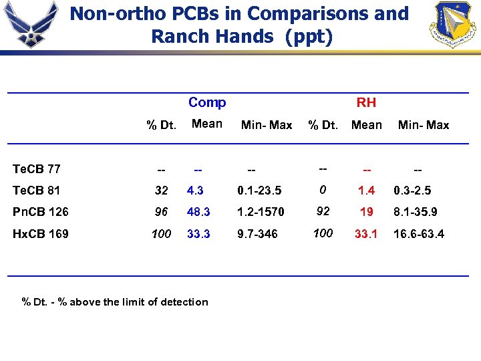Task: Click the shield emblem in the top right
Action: [454, 24]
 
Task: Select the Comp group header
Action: [207, 102]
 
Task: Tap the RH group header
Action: [366, 102]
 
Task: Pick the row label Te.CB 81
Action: [37, 191]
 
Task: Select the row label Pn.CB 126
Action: [40, 212]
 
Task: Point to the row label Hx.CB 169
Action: [40, 233]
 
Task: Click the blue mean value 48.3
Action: [198, 212]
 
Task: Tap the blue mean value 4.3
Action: [195, 191]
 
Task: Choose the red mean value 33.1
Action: [366, 233]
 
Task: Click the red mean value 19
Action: [366, 212]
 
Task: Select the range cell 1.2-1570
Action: [261, 212]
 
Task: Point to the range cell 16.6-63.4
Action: [419, 233]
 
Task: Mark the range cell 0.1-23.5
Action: [259, 191]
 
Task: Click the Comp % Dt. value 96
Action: [161, 212]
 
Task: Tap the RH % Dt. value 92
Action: [323, 211]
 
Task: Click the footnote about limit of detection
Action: [115, 302]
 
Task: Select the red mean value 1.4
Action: [366, 191]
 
